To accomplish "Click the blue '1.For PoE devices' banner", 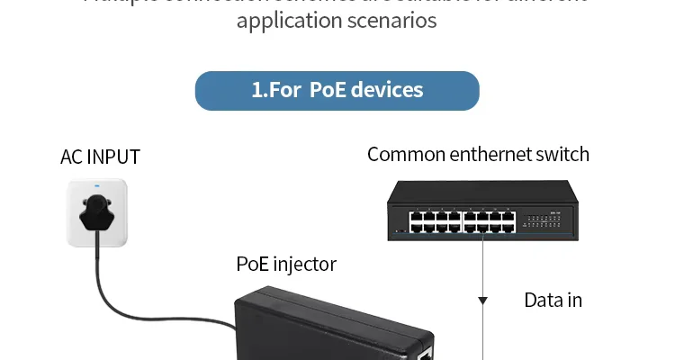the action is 337,91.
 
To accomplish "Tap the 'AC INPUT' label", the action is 100,157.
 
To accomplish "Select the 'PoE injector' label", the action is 286,264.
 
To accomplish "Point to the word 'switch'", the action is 562,154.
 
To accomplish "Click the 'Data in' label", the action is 553,300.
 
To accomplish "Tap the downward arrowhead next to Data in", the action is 483,300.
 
